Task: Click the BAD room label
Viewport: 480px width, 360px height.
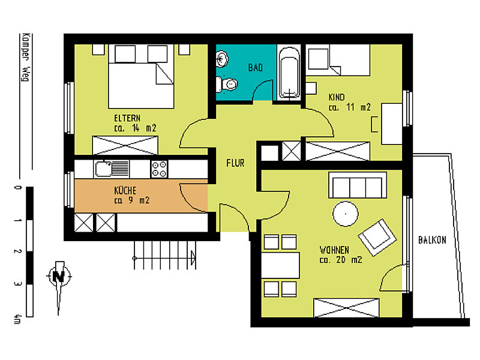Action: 256,67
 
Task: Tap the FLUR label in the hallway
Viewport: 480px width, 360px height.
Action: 235,163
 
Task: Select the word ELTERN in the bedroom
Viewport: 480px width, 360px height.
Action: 127,118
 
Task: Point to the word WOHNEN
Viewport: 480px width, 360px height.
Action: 335,250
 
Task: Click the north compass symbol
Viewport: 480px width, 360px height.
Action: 59,276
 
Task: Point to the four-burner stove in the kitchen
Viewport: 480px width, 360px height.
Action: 159,169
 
